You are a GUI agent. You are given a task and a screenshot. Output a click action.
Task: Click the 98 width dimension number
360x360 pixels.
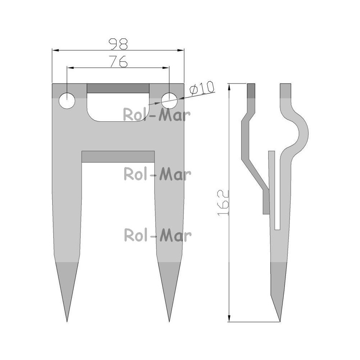118,44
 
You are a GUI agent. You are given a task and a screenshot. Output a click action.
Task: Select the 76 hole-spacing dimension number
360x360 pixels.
118,61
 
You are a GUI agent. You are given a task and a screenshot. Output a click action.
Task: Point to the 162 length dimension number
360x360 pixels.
223,203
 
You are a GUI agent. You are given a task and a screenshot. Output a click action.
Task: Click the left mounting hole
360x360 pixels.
67,100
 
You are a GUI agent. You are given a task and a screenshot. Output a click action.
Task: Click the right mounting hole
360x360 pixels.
169,100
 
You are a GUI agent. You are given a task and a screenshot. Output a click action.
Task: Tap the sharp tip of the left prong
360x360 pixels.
67,321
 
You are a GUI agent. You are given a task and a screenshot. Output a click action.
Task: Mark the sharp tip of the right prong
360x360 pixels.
169,321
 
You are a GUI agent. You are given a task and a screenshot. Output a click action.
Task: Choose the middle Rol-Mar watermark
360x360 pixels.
157,174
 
